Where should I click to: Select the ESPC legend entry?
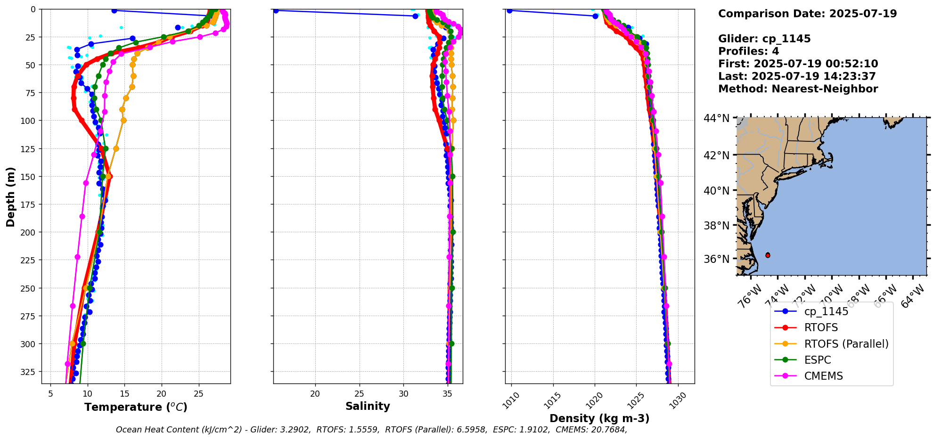[x=818, y=360]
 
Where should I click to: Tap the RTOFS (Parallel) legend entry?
[x=846, y=344]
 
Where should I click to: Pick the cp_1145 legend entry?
[x=826, y=311]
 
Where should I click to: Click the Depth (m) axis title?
[x=10, y=196]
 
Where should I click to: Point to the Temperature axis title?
[x=136, y=407]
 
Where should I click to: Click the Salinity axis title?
[x=368, y=407]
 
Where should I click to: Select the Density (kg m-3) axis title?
[x=599, y=418]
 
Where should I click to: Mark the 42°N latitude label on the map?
[x=716, y=155]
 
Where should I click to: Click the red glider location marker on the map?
[x=768, y=255]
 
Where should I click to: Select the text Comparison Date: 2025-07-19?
[x=807, y=14]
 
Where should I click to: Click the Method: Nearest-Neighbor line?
[x=798, y=89]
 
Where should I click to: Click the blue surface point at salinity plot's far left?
[x=276, y=10]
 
